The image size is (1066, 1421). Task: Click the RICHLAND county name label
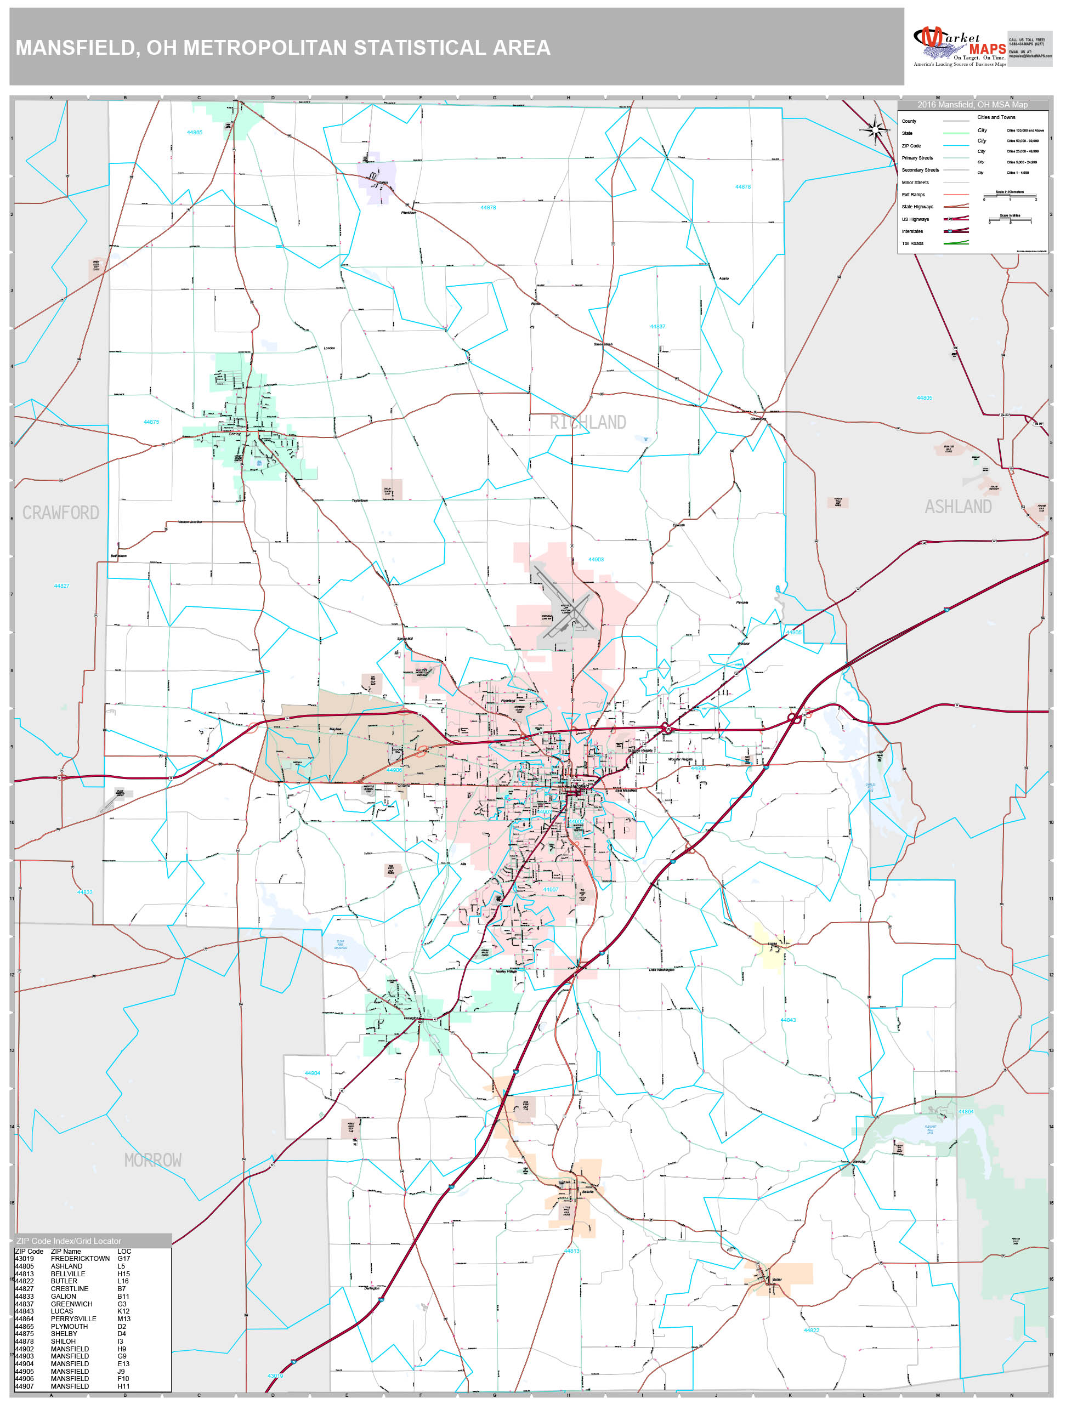point(587,422)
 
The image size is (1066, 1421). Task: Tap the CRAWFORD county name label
point(60,513)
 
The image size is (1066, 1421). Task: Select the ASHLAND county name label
point(957,507)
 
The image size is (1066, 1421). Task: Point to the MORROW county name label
point(152,1159)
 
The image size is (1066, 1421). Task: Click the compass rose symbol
point(874,130)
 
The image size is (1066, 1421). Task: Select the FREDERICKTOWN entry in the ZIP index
point(80,1259)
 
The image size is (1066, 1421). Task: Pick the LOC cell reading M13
point(123,1319)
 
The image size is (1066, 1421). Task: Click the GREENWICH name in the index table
point(71,1304)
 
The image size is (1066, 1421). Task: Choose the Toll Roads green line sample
point(956,243)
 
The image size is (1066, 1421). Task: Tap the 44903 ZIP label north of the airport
point(596,560)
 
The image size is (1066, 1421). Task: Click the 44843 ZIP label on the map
point(788,1020)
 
